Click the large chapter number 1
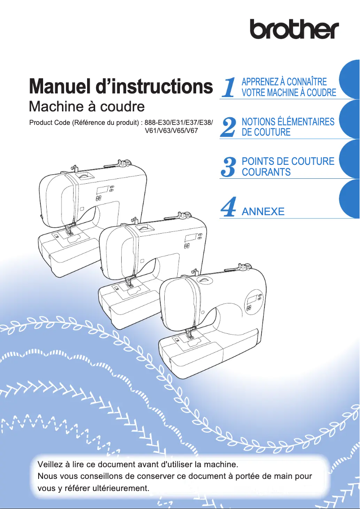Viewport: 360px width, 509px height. tap(229, 87)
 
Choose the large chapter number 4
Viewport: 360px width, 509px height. tap(229, 208)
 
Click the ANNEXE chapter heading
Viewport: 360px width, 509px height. tap(263, 211)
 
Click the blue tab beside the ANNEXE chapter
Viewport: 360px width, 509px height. tap(350, 200)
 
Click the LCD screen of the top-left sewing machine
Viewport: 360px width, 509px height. tap(101, 189)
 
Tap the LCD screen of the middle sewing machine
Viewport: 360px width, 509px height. tap(191, 237)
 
